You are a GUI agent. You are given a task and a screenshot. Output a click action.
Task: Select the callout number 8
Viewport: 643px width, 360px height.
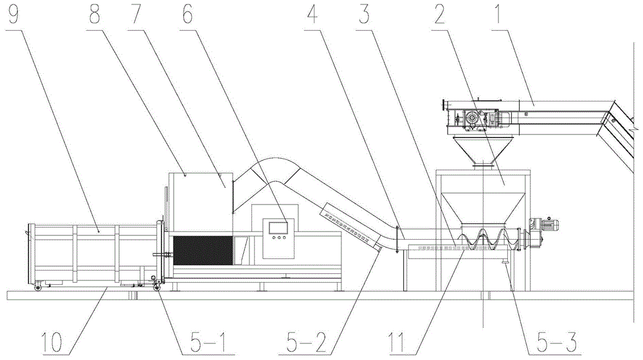[x=95, y=14]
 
